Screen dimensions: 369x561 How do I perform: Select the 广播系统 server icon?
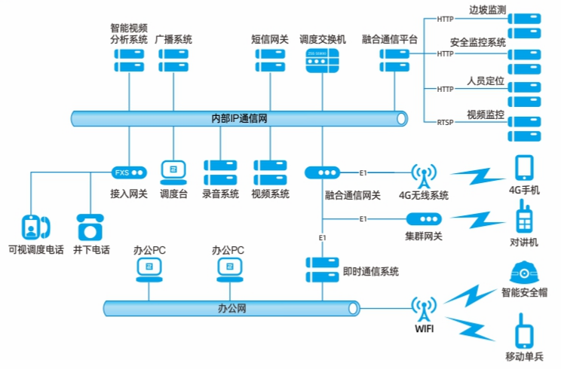click(173, 60)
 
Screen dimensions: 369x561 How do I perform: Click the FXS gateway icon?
click(128, 172)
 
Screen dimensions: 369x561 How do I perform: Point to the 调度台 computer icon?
click(173, 172)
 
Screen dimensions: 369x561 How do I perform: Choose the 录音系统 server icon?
click(220, 172)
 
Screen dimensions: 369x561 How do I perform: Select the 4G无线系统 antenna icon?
click(423, 177)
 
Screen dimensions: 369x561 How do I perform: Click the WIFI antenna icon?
click(423, 308)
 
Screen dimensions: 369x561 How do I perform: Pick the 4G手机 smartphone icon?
click(525, 169)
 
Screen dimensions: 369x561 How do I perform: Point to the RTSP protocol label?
click(446, 122)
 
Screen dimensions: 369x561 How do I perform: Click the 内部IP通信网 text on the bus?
click(240, 118)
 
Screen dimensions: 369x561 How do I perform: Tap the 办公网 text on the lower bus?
click(231, 308)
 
